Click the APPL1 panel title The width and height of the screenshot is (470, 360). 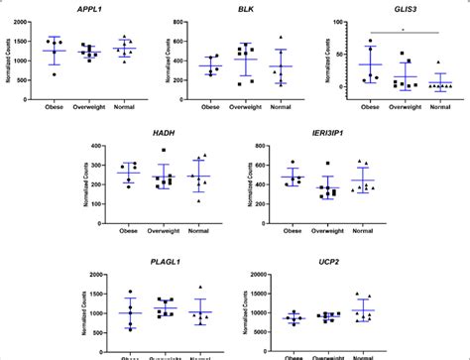click(x=97, y=9)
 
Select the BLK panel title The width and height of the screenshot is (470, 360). click(x=245, y=9)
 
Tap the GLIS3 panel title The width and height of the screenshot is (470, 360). click(x=391, y=9)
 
